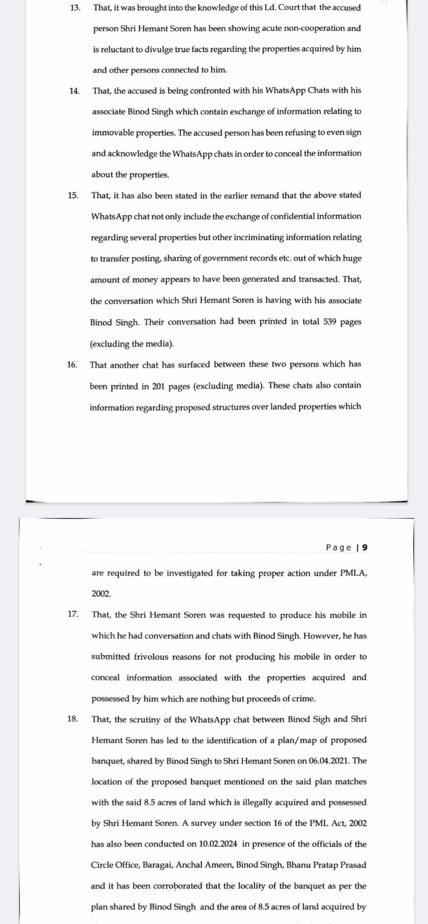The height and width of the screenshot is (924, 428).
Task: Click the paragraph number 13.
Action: coord(75,8)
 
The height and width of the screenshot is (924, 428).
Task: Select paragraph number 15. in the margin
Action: coord(73,195)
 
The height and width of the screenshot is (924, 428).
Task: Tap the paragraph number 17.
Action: coord(73,614)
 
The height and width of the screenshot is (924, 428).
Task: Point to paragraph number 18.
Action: coord(72,719)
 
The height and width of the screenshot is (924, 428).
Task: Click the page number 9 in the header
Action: coord(364,547)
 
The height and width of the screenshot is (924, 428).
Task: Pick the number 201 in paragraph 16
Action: coord(158,386)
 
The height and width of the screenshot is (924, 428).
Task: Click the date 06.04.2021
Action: coord(331,761)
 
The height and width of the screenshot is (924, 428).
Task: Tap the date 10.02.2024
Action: coord(218,844)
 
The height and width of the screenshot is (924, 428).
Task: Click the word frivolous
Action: coord(151,657)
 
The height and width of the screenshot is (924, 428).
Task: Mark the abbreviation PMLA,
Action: coord(353,573)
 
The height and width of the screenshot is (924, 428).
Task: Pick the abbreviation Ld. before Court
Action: coord(268,8)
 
